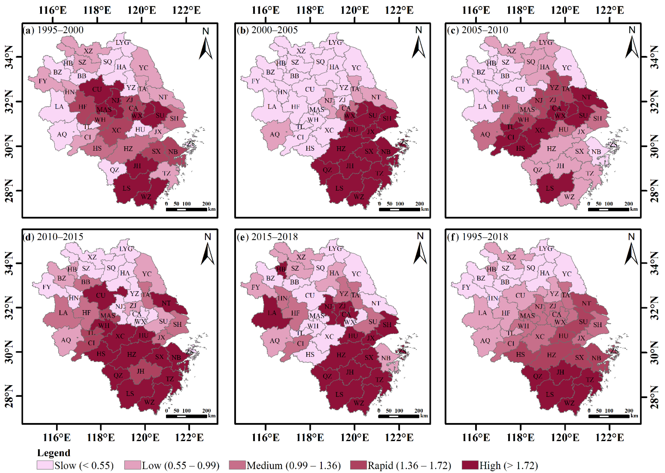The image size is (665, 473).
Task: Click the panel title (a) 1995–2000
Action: point(53,30)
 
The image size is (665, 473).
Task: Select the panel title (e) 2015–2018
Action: point(267,236)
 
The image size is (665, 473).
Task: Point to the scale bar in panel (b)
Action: point(399,209)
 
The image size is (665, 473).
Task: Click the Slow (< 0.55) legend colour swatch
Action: point(45,465)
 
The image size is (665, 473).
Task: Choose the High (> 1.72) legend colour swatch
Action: point(470,465)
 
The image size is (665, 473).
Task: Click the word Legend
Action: point(54,453)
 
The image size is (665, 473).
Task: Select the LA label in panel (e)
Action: point(272,313)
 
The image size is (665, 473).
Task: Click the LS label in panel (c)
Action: point(550,188)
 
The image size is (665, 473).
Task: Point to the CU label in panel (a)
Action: point(97,89)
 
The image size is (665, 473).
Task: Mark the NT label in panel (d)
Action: point(166,303)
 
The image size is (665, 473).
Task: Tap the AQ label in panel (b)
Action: point(275,134)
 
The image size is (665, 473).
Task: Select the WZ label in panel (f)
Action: point(569,403)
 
